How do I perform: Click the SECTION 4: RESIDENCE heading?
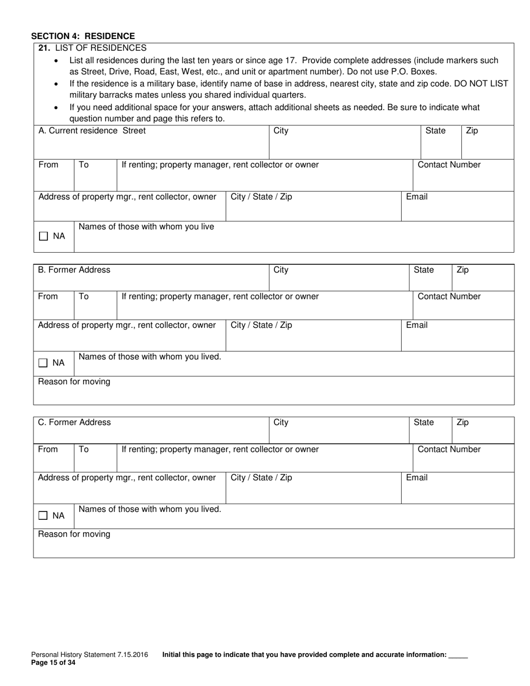click(x=83, y=36)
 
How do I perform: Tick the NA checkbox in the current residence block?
click(x=44, y=236)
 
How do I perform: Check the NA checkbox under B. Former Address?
click(x=44, y=363)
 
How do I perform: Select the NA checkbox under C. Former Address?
click(x=44, y=516)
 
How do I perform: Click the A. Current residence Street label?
click(x=92, y=131)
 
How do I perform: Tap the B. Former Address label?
click(x=74, y=270)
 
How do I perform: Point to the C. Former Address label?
click(x=74, y=423)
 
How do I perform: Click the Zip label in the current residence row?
click(x=472, y=131)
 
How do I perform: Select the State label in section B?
click(x=423, y=270)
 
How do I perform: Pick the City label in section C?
click(x=281, y=423)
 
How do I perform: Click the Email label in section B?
click(x=417, y=325)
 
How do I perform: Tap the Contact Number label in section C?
click(x=449, y=450)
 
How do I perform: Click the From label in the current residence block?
click(x=48, y=165)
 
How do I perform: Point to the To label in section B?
click(x=84, y=297)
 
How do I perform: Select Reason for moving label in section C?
click(x=74, y=534)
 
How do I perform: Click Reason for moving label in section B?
click(x=74, y=382)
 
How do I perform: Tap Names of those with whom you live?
click(x=146, y=227)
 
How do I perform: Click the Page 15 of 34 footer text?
click(x=53, y=663)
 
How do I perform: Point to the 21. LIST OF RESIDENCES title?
click(x=92, y=48)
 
